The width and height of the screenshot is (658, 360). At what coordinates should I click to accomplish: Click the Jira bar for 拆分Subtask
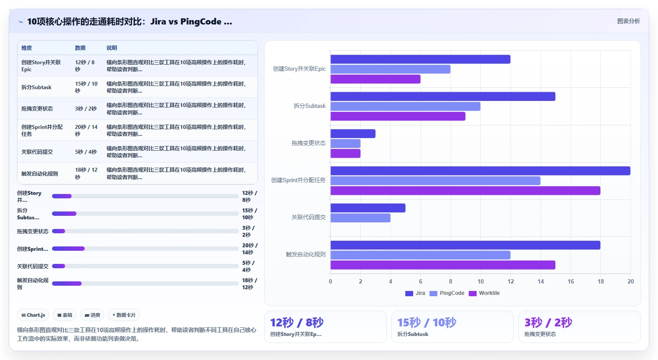(x=443, y=97)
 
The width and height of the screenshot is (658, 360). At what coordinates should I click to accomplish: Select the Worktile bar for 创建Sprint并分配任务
(x=465, y=191)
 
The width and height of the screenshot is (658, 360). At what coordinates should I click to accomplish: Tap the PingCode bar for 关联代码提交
(x=360, y=218)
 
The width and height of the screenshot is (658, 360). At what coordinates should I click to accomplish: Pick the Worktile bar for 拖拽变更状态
(x=345, y=153)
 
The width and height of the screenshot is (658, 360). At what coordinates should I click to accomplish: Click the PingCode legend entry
(x=447, y=293)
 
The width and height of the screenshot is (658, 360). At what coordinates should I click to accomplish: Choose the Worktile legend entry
(x=484, y=293)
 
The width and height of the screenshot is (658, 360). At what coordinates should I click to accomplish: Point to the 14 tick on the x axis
(x=541, y=281)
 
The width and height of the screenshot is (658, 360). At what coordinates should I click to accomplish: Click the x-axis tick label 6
(x=420, y=281)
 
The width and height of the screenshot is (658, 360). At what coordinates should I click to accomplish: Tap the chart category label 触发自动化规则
(x=306, y=254)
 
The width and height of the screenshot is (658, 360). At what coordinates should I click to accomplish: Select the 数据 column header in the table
(x=80, y=48)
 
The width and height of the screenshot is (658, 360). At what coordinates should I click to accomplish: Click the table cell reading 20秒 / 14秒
(x=86, y=130)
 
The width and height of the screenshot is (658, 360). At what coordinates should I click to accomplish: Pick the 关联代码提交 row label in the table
(x=37, y=152)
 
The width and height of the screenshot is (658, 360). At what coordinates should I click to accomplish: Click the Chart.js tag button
(x=33, y=315)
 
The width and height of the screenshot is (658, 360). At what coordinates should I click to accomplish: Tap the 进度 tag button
(x=92, y=315)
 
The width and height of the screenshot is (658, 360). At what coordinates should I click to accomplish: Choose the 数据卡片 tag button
(x=124, y=315)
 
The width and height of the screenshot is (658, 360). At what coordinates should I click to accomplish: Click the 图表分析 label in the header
(x=628, y=21)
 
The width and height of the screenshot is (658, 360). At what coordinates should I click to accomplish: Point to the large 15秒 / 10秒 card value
(x=427, y=322)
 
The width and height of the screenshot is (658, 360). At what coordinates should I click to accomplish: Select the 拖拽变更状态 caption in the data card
(x=540, y=334)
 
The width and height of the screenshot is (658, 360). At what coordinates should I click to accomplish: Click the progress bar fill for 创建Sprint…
(x=68, y=249)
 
